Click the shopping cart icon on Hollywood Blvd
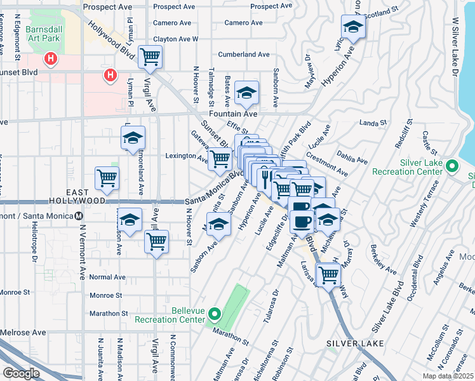[x=150, y=57]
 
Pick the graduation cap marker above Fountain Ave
[x=246, y=94]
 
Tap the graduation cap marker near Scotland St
[x=352, y=27]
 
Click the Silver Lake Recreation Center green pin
[x=452, y=167]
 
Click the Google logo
[x=21, y=373]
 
